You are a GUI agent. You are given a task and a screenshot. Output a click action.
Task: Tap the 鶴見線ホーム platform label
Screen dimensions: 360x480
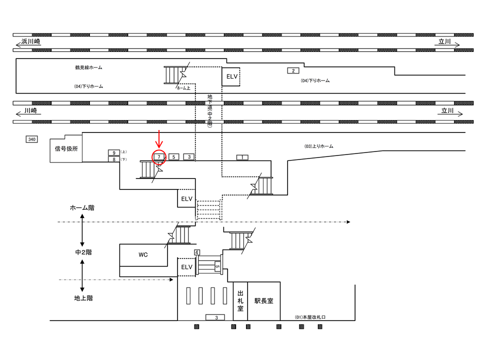click(x=88, y=67)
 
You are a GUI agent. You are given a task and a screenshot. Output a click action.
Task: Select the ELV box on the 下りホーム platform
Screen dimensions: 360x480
click(x=231, y=77)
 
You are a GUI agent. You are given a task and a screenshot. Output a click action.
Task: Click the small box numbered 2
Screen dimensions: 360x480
click(x=293, y=70)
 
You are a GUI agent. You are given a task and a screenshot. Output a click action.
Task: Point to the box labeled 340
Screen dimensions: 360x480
click(x=31, y=139)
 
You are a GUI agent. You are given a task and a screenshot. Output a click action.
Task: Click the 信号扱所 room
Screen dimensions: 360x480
click(x=66, y=148)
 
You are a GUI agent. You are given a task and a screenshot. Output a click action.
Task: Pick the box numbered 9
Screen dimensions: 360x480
click(x=114, y=152)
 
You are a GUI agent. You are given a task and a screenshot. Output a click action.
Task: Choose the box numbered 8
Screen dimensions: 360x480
click(x=114, y=159)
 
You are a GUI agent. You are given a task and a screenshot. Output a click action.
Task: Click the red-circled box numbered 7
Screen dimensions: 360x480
click(x=158, y=157)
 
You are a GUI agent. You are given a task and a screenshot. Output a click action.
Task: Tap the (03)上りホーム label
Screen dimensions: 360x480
click(x=318, y=146)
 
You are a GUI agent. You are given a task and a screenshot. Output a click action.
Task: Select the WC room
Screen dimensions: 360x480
click(x=143, y=255)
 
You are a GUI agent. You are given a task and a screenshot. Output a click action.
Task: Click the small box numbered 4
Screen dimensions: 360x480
click(x=197, y=252)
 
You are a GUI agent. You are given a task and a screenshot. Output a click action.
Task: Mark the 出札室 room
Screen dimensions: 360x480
click(x=240, y=301)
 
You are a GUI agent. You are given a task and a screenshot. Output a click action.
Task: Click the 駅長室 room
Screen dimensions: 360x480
click(x=263, y=301)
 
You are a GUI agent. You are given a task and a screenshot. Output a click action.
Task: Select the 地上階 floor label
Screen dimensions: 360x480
click(x=83, y=298)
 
